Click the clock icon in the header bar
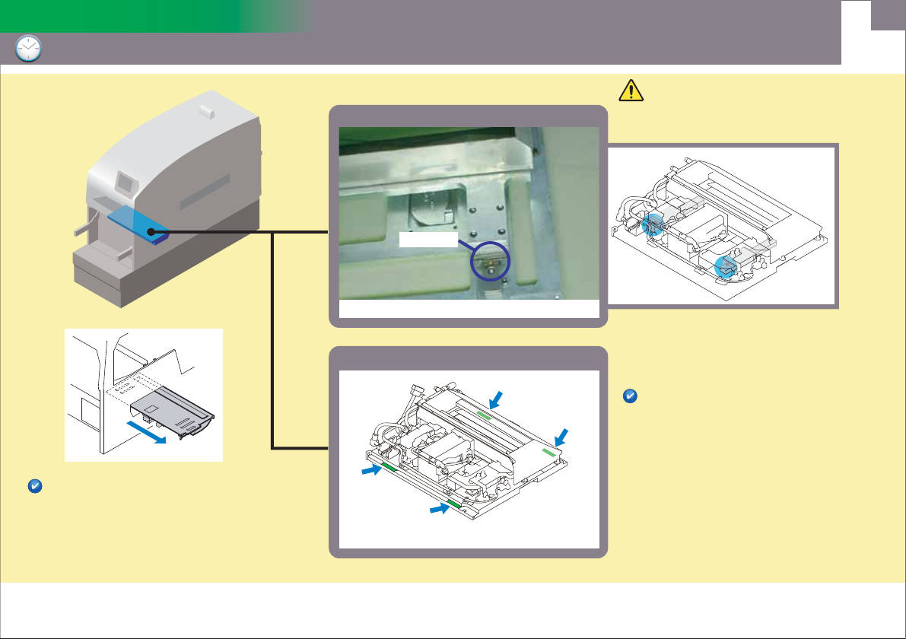pos(29,49)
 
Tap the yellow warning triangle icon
pos(631,91)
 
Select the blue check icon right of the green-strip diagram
pos(630,396)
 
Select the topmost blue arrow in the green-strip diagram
pos(495,397)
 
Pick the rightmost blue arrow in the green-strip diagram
pos(561,435)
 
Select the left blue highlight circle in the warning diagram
pos(651,224)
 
